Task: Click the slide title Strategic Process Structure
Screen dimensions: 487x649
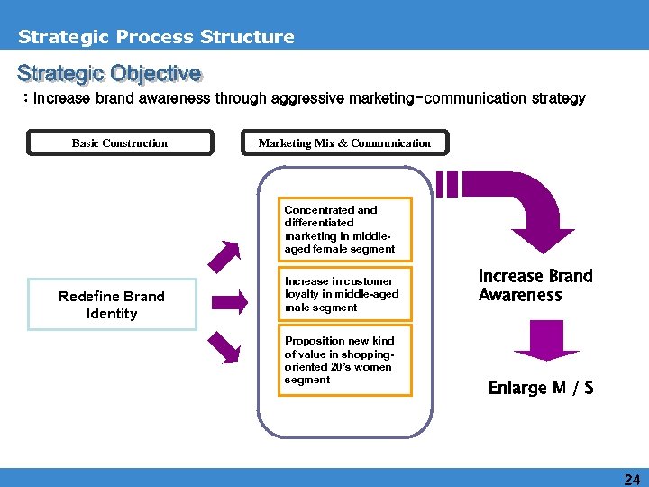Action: coord(156,37)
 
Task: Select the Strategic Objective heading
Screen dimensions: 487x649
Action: coord(109,73)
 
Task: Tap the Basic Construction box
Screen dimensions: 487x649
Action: coord(120,142)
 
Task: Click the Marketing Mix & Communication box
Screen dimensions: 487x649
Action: coord(344,142)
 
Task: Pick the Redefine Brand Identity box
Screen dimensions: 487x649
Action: coord(112,305)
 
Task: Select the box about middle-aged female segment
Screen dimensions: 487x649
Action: coord(343,229)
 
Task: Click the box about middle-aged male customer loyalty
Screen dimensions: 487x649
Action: coord(343,294)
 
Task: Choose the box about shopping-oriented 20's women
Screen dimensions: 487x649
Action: coord(343,360)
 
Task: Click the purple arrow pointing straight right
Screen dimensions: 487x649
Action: coord(230,301)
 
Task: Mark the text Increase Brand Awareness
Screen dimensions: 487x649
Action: coord(535,285)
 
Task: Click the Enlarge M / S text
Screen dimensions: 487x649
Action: coord(540,388)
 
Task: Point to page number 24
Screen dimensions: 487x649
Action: coord(632,479)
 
